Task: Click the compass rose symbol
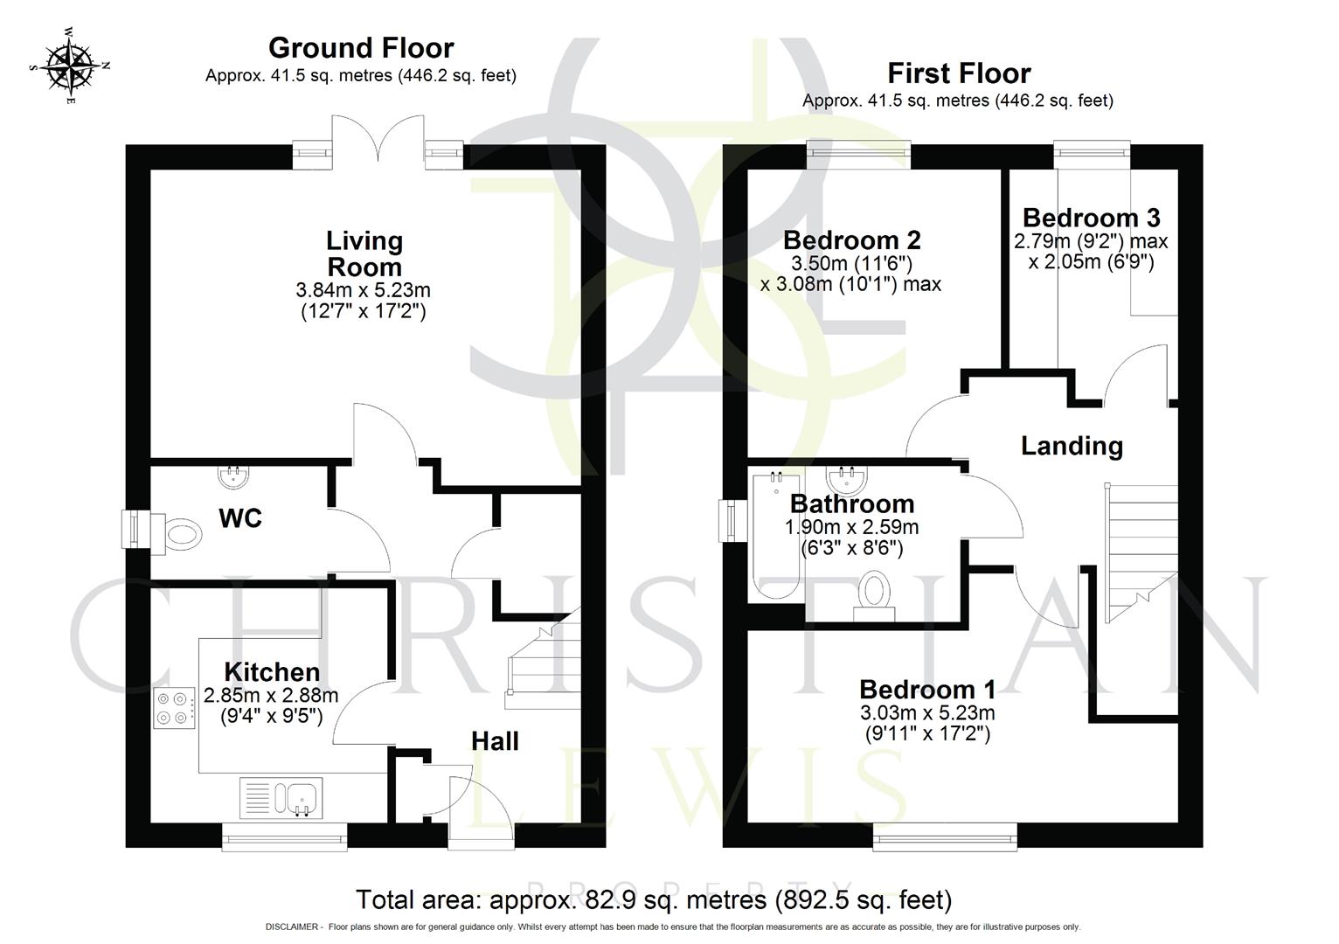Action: click(x=70, y=66)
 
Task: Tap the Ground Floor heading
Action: click(x=360, y=47)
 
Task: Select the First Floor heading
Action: click(x=959, y=73)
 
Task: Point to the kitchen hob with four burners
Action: click(x=174, y=708)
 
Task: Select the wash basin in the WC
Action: click(x=233, y=477)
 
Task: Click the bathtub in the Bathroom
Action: click(x=774, y=537)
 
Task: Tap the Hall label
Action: click(x=495, y=741)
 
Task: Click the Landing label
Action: click(x=1072, y=446)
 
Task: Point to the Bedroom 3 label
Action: click(x=1091, y=218)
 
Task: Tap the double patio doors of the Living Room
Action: click(x=379, y=140)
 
